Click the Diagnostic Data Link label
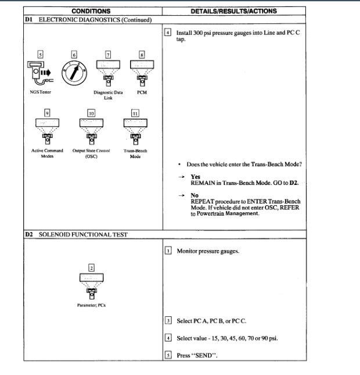[107, 110]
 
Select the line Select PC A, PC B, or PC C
[216, 321]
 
